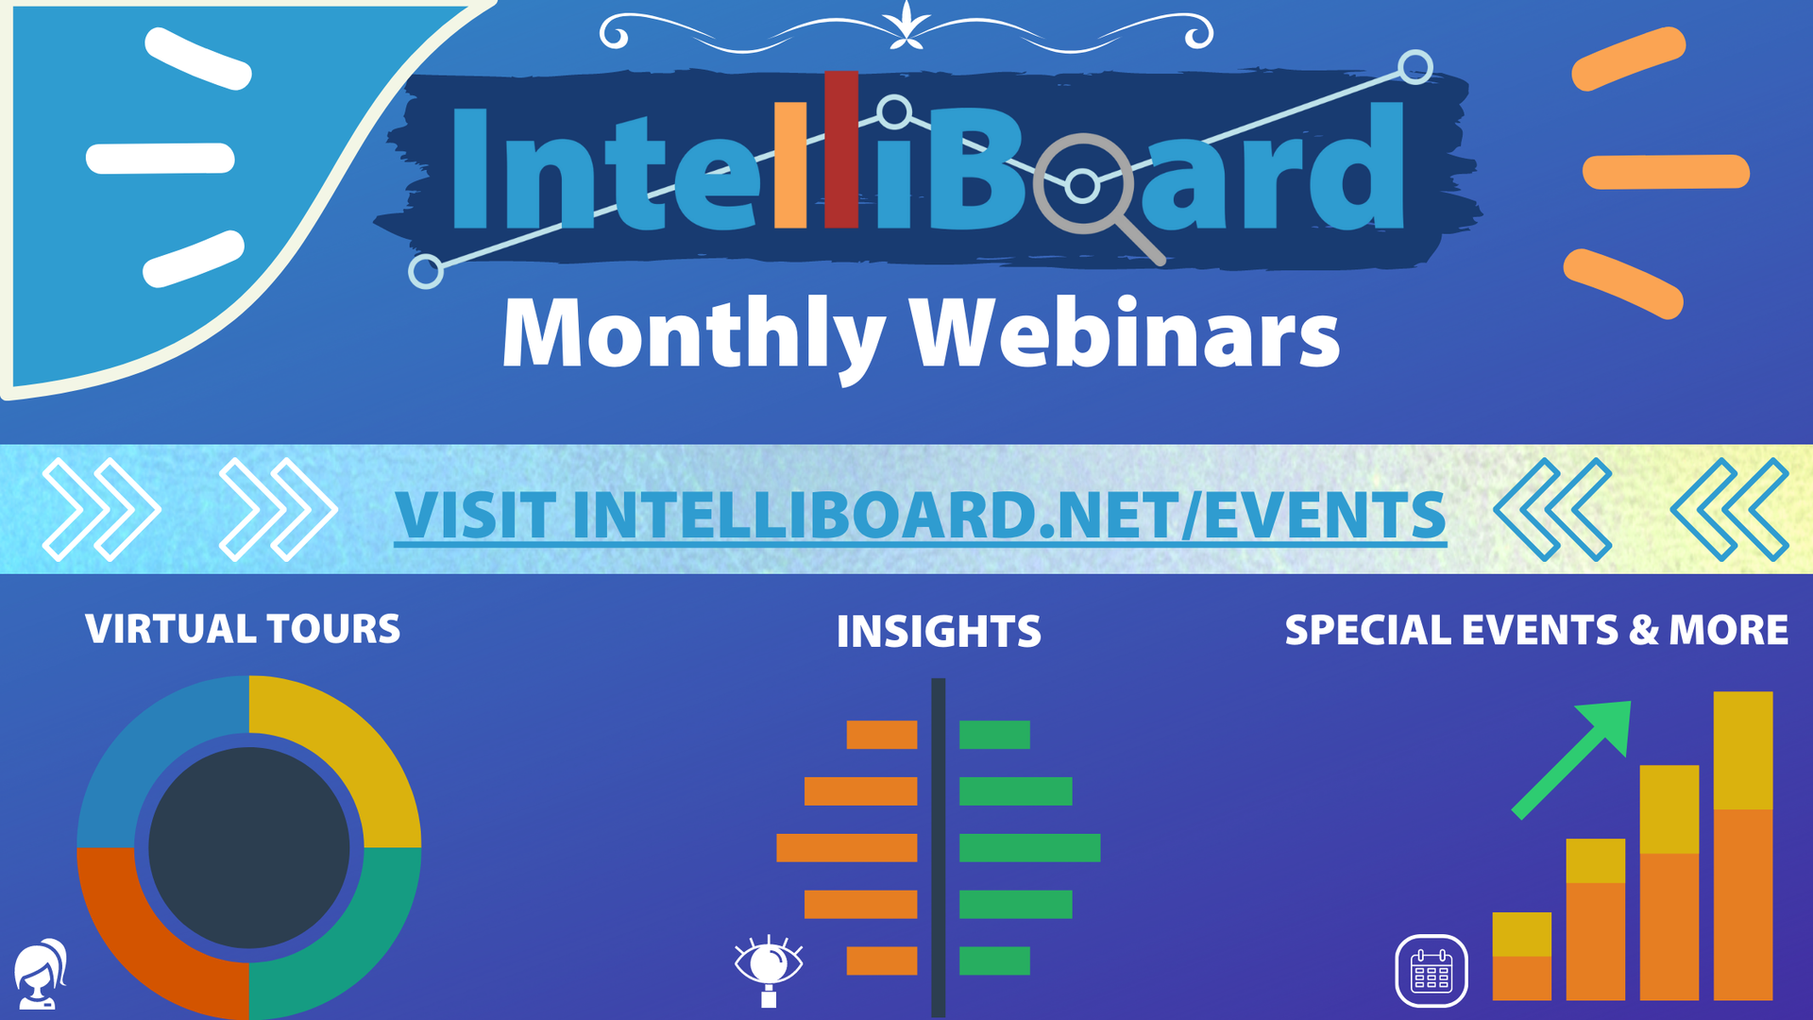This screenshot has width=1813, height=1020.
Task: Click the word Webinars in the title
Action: [x=1125, y=332]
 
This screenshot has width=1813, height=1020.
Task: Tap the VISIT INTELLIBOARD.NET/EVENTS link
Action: [x=920, y=516]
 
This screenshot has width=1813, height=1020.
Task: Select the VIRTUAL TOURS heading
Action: [x=243, y=629]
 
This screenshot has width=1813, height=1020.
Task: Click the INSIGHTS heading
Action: [x=939, y=632]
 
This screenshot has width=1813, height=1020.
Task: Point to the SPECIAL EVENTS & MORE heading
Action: [x=1536, y=630]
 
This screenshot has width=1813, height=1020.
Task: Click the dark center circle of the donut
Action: [x=249, y=848]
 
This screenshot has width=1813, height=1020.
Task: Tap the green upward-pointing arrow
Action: [x=1570, y=759]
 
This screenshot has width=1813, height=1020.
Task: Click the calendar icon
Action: [x=1432, y=971]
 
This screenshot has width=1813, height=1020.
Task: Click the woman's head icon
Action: [x=41, y=975]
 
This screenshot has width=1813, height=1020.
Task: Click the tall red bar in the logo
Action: [x=841, y=149]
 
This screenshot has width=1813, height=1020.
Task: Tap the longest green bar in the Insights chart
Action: [x=1030, y=848]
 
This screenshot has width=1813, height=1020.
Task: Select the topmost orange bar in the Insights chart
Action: [x=882, y=735]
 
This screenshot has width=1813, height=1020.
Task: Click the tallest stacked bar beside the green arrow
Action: [x=1743, y=846]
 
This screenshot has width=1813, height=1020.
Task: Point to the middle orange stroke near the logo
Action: [x=1666, y=172]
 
